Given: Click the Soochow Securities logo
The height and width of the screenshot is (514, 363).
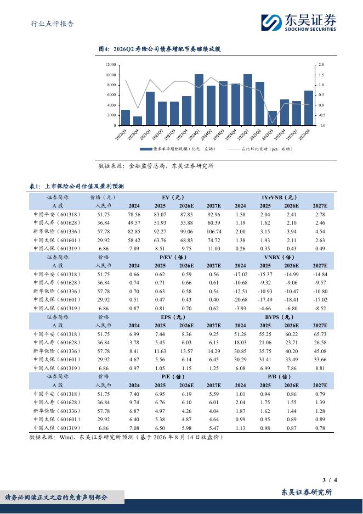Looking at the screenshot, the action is tap(298, 23).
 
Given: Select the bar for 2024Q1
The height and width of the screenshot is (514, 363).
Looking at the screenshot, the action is tap(199, 99).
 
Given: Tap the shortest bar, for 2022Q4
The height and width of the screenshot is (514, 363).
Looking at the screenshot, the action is tap(138, 121).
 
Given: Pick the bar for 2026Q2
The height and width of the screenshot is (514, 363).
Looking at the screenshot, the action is tap(309, 108).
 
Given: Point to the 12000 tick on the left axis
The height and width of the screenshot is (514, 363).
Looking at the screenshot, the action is tap(110, 65).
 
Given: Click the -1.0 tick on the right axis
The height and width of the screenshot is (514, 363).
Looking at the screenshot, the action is tap(321, 125).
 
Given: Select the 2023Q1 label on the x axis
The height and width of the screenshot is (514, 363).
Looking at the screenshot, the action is tap(145, 134).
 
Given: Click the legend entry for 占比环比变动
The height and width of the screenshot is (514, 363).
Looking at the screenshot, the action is tap(260, 149).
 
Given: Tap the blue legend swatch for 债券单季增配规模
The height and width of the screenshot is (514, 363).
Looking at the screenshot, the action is tap(146, 149).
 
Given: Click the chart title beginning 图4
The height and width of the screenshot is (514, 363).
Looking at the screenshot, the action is tap(160, 49).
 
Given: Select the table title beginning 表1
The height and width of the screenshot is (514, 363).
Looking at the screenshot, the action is tap(77, 186).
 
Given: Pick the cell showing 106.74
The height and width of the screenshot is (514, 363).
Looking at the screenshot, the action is tap(214, 231).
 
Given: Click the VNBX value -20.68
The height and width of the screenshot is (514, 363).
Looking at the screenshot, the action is tap(240, 300).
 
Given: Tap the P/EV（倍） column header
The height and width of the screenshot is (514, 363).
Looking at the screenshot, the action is tap(173, 258).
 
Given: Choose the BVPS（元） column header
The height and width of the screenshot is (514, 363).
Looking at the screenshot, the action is tap(279, 317).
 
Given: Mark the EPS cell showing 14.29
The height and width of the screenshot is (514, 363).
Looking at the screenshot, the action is tap(214, 351).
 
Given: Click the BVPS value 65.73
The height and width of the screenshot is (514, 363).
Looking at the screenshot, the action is tap(320, 334).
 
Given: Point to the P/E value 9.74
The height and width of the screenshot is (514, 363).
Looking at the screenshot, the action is tap(134, 402).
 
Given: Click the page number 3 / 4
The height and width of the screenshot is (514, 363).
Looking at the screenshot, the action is tap(330, 480).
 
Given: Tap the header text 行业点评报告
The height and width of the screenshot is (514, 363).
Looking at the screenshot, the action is tap(53, 24).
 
